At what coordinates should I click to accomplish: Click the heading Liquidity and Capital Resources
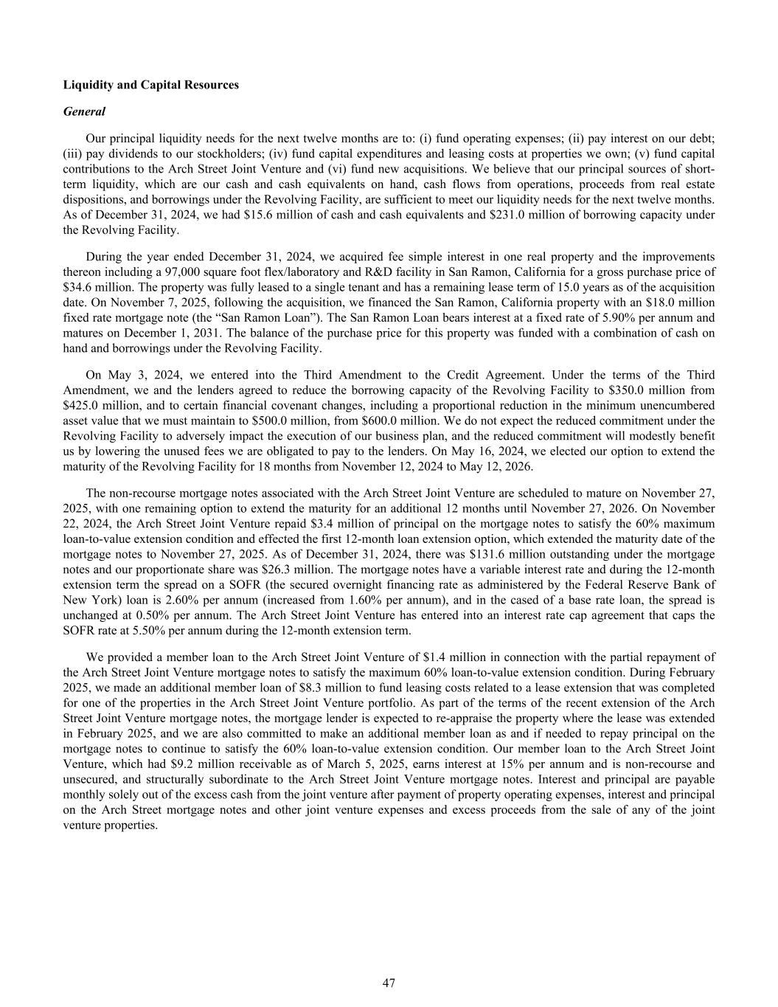coord(150,85)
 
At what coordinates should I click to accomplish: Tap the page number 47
coord(389,983)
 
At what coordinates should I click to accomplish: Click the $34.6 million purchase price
coord(94,288)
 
